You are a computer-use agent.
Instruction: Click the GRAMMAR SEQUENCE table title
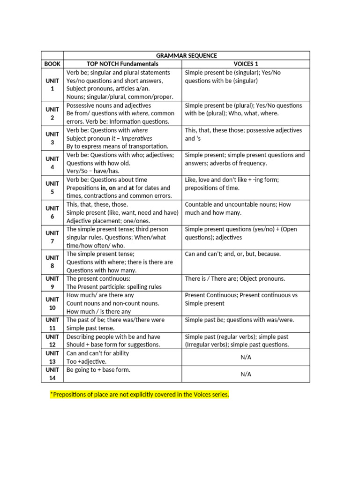pos(187,55)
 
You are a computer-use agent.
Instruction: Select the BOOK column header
pos(52,64)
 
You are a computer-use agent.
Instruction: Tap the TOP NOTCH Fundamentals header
pos(123,64)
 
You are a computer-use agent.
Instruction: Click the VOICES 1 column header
pos(246,64)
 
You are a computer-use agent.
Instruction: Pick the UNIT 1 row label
pos(52,84)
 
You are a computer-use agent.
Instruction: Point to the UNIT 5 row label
pos(52,187)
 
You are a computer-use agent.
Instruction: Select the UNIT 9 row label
pos(52,283)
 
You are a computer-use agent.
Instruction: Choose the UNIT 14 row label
pos(52,374)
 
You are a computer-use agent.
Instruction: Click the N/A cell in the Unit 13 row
pos(246,357)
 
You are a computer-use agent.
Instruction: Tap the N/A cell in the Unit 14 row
pos(246,374)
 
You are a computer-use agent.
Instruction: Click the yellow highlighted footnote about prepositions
pos(139,395)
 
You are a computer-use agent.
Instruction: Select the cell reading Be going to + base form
pos(98,370)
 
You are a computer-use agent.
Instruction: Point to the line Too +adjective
pos(86,361)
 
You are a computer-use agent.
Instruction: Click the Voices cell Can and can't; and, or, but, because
pos(233,254)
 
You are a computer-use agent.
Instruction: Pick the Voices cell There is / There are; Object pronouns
pos(235,279)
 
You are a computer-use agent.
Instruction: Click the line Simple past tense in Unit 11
pos(90,328)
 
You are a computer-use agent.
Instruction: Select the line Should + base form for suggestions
pos(113,345)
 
